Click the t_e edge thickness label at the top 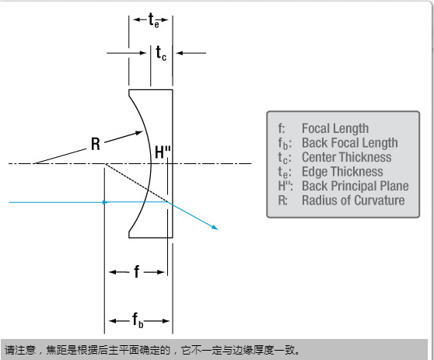154,20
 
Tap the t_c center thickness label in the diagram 161,53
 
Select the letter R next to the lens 96,144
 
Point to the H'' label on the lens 163,152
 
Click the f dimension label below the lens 136,271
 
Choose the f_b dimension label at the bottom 138,320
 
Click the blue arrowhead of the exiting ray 215,228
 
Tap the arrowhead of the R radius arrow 139,133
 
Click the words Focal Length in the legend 335,128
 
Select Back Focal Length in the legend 350,143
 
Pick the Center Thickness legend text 347,157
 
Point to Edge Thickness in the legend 342,172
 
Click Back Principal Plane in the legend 355,186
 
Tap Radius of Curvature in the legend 353,201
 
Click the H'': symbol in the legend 285,186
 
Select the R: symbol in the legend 282,201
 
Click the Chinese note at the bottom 152,351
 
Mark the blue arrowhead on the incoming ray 106,202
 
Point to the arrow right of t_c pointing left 191,53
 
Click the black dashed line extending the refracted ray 136,183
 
